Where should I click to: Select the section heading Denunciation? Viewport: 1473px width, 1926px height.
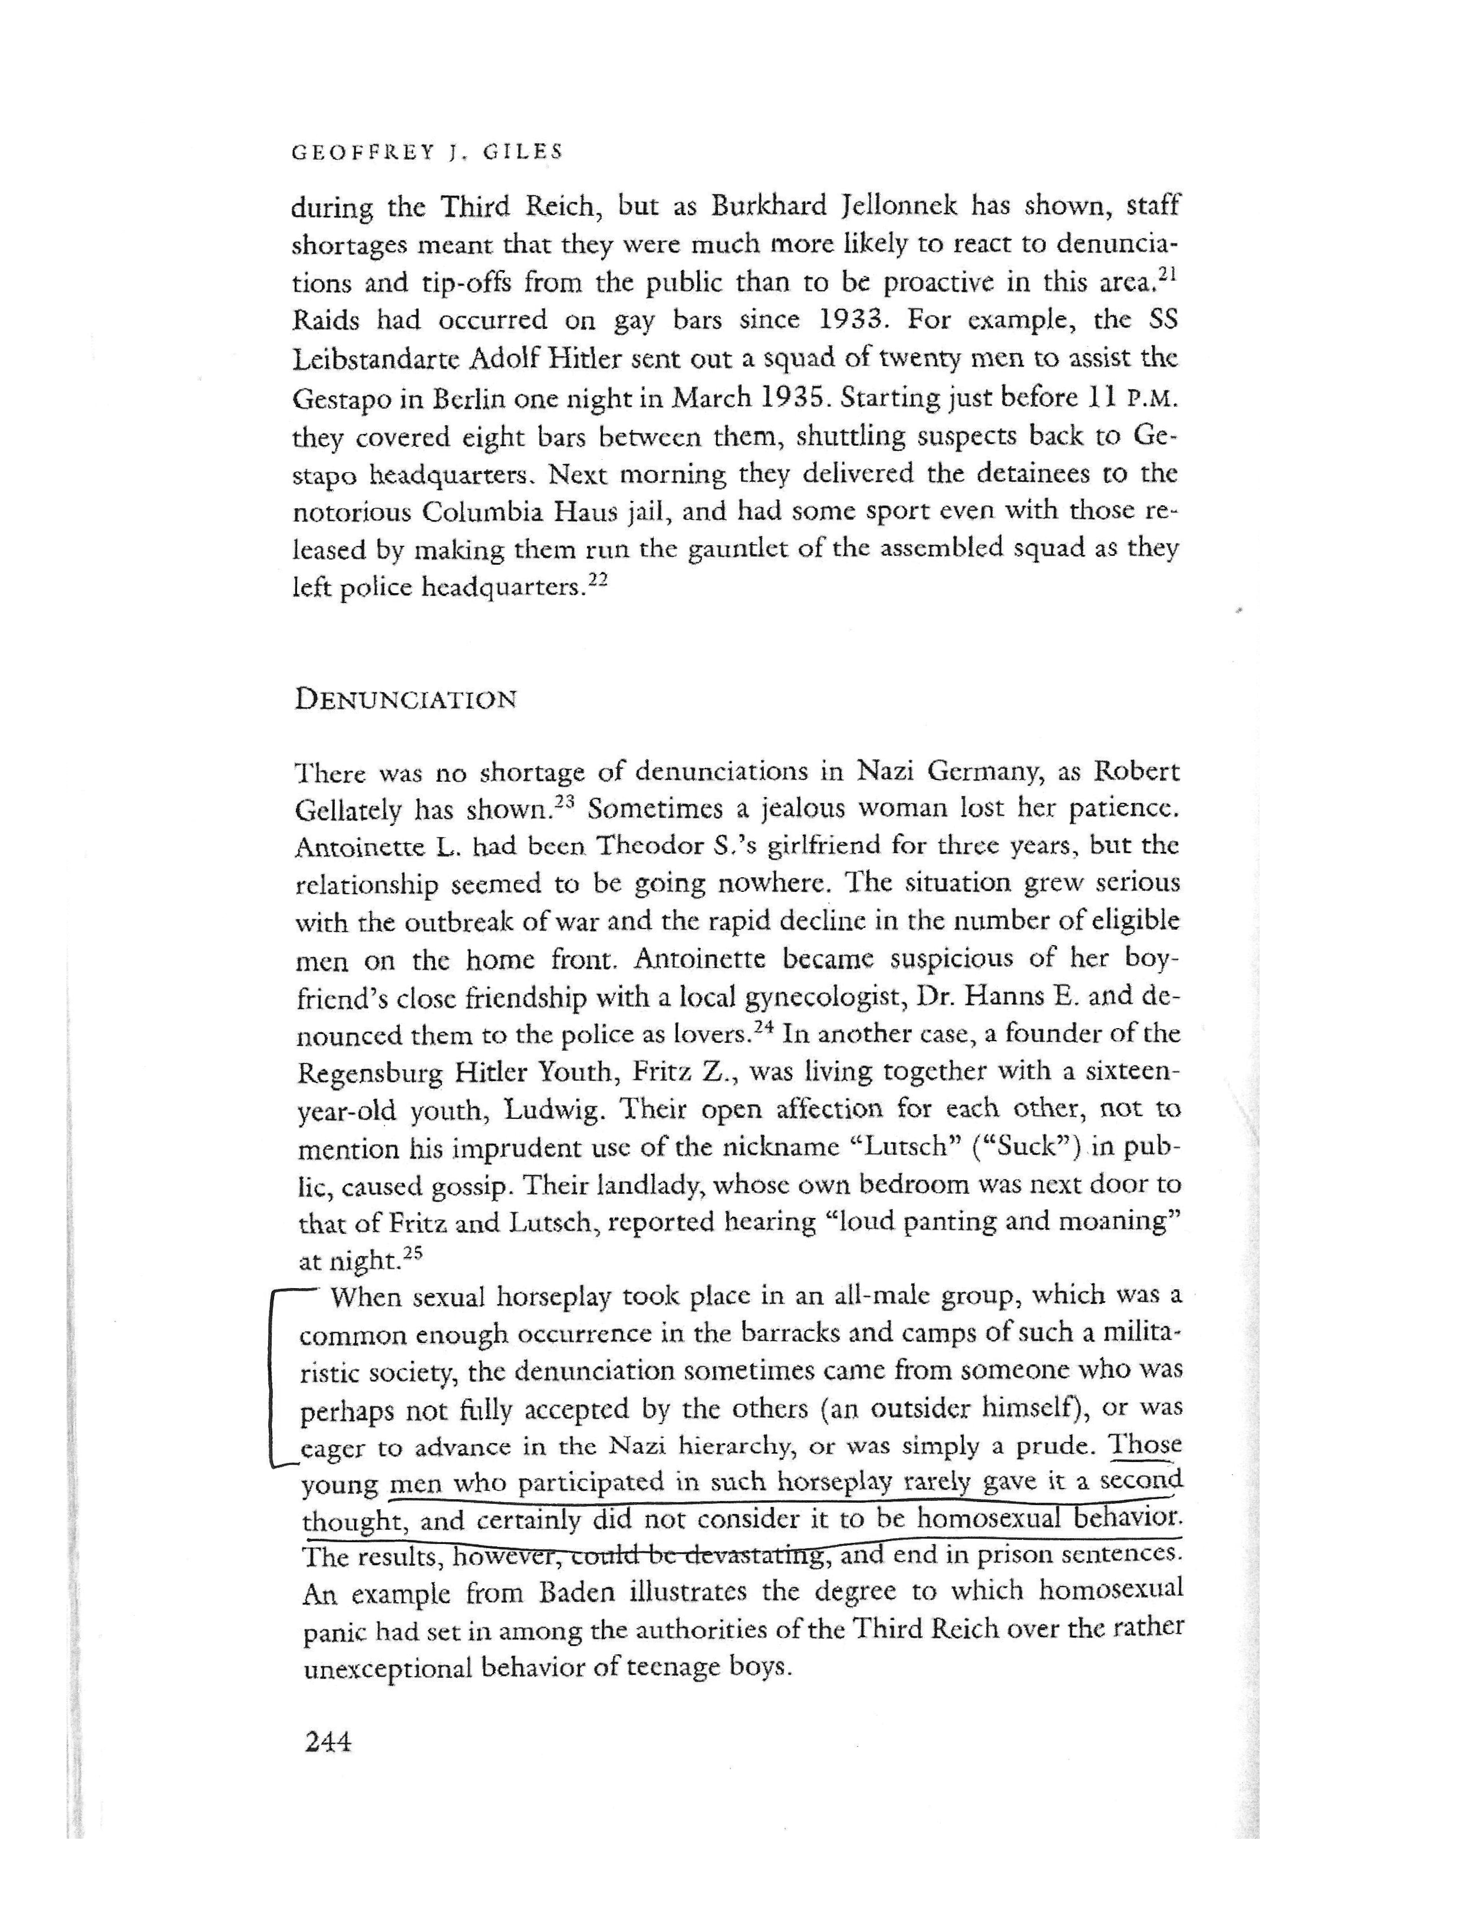[405, 700]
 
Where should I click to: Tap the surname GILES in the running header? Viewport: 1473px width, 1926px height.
[511, 152]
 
